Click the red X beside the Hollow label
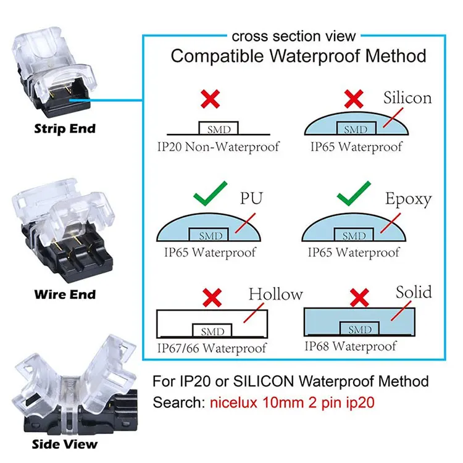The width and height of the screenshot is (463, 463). tap(213, 298)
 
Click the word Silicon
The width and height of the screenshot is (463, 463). tap(407, 98)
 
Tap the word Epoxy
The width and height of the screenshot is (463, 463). tap(408, 199)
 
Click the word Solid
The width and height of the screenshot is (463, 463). tap(414, 291)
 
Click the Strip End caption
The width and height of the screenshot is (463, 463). tap(65, 130)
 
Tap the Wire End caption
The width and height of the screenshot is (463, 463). tap(65, 294)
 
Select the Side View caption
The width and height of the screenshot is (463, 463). tap(65, 443)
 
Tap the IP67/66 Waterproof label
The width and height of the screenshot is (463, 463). tap(212, 348)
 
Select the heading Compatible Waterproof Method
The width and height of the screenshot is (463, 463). tap(298, 56)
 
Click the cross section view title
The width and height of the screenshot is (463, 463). tap(294, 36)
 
